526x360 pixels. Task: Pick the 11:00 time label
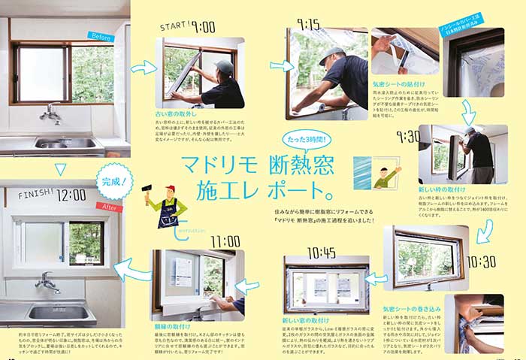pos(225,241)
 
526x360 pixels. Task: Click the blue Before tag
pos(101,35)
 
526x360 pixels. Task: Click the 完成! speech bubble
pos(114,181)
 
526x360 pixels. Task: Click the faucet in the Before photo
pos(50,113)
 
